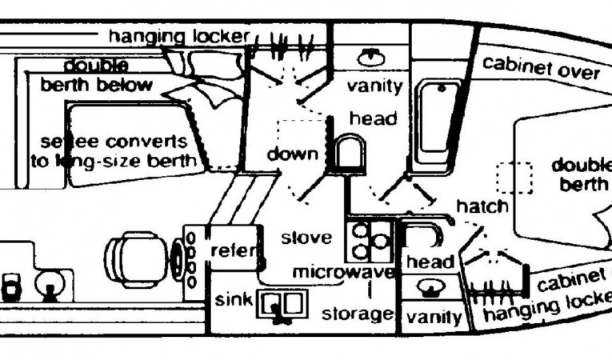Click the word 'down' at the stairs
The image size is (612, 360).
coord(293,154)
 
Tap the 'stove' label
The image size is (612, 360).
coord(306,238)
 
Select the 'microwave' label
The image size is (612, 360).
coord(343,272)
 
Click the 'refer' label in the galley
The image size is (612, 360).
coord(234,251)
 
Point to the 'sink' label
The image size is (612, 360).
coord(234,301)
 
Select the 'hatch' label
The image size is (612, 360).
coord(482,206)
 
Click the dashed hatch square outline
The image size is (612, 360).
coord(514,177)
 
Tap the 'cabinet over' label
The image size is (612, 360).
coord(541,68)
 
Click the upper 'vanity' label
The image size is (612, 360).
coord(374,86)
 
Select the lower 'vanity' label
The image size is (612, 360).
coord(434,317)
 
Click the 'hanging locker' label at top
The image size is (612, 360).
coord(179,35)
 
